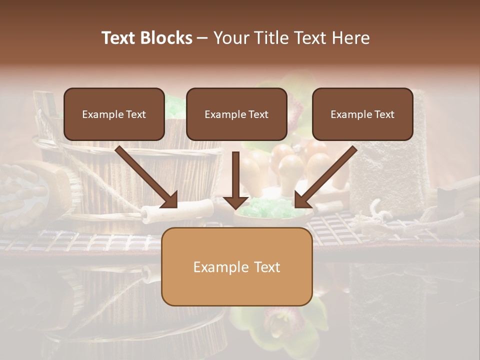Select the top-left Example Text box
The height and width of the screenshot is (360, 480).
click(114, 114)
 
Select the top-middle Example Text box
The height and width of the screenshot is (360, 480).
click(236, 114)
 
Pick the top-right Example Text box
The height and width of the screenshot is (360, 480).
click(362, 114)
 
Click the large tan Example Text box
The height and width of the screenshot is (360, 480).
click(236, 266)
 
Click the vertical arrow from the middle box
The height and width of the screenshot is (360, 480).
click(236, 180)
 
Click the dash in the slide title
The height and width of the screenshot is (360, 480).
click(202, 38)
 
